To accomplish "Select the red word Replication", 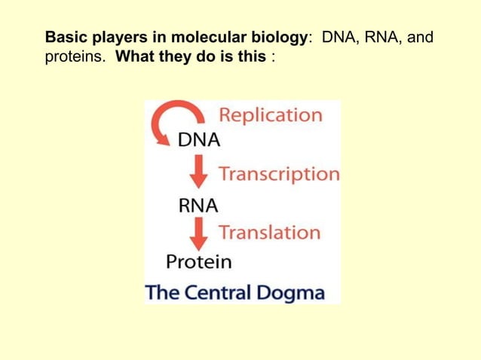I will [x=270, y=115].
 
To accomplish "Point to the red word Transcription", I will [x=279, y=174].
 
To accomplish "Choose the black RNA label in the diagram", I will [x=198, y=204].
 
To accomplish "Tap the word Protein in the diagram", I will [x=199, y=261].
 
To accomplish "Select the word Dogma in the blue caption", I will [x=292, y=292].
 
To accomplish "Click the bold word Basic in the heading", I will [x=63, y=37].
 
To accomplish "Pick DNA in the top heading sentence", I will [x=337, y=37].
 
